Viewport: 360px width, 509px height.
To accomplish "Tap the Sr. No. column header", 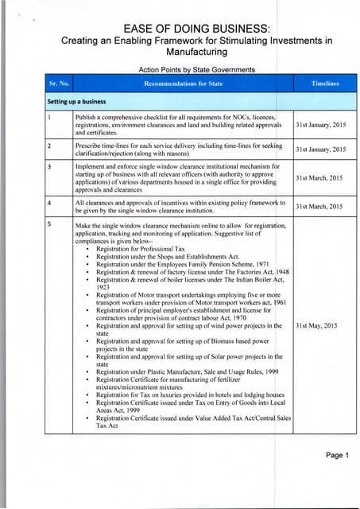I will click(59, 83).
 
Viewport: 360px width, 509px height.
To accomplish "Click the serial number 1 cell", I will click(50, 117).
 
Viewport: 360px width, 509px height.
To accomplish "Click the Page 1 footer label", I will click(331, 455).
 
